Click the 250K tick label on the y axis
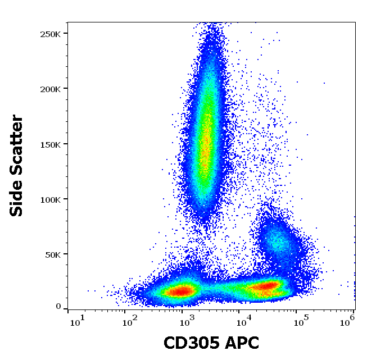(x=49, y=34)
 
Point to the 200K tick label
(x=49, y=89)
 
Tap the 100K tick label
(x=49, y=199)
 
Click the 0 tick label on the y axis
(x=58, y=307)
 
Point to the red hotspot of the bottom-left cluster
(x=181, y=291)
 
